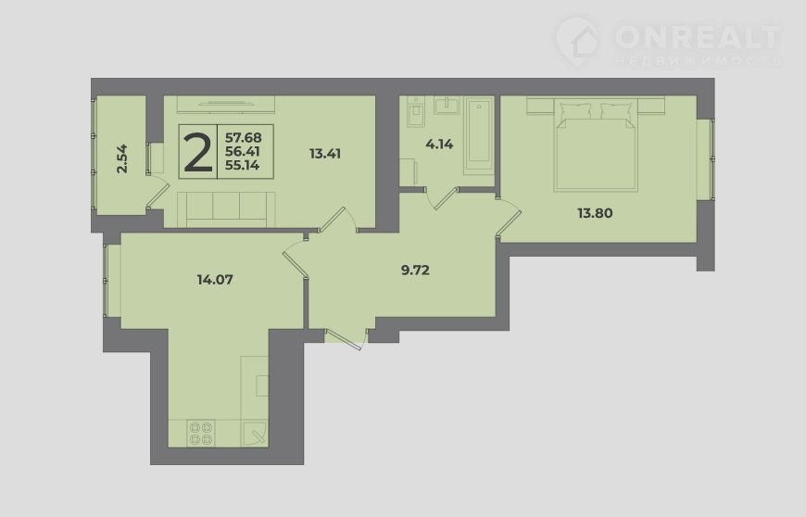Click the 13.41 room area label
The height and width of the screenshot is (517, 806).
click(325, 153)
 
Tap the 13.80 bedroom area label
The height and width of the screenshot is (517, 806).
click(595, 213)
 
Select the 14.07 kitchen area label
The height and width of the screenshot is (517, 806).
click(215, 280)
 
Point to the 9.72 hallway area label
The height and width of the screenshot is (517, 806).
click(415, 270)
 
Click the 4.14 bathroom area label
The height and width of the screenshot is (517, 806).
click(439, 144)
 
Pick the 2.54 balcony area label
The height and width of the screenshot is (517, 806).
click(121, 158)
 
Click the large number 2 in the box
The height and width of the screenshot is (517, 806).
click(198, 152)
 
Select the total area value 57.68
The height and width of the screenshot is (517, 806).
click(244, 138)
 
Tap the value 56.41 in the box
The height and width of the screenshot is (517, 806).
click(243, 152)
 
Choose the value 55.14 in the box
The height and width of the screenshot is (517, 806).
click(242, 165)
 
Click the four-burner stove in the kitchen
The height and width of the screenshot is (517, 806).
click(201, 434)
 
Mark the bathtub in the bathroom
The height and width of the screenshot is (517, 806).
click(479, 135)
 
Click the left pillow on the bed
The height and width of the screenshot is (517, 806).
click(577, 111)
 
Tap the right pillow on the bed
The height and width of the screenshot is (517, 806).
click(617, 111)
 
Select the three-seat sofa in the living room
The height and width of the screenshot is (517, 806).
click(226, 208)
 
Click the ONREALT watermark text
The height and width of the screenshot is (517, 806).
click(698, 36)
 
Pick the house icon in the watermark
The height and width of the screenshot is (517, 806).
click(578, 41)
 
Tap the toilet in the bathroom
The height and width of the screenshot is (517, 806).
click(415, 113)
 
